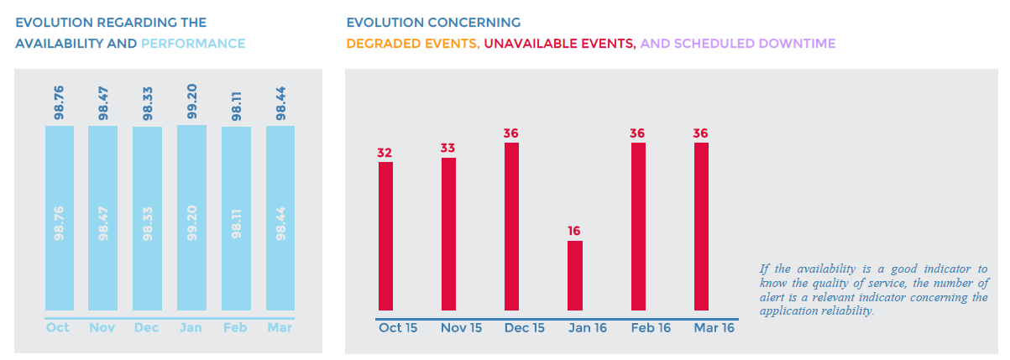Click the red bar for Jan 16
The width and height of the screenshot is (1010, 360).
tap(574, 275)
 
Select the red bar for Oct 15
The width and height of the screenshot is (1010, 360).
tap(385, 236)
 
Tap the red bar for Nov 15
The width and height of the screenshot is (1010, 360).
tap(448, 234)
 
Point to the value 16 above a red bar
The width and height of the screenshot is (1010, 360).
tap(574, 231)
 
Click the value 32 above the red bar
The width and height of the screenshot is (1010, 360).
tap(385, 153)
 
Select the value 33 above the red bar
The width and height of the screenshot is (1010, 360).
tap(448, 148)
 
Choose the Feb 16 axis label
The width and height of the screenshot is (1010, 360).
tap(651, 328)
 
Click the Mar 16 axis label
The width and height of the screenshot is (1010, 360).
tap(714, 328)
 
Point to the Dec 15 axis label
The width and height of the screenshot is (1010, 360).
tap(525, 328)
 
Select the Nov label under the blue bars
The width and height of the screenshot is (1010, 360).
tap(102, 327)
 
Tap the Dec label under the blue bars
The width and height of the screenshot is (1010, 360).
tap(147, 327)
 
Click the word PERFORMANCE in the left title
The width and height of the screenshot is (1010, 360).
tap(193, 43)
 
